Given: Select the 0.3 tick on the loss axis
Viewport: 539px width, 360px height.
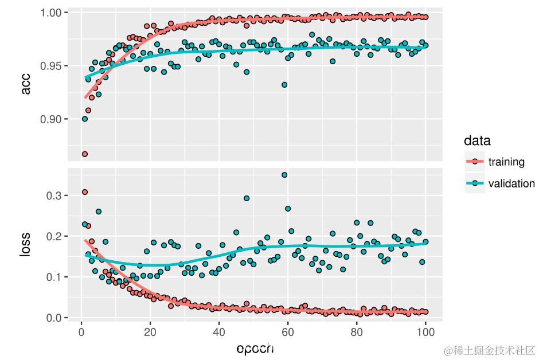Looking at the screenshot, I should pos(54,195).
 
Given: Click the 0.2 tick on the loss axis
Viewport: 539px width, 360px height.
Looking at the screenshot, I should pos(54,236).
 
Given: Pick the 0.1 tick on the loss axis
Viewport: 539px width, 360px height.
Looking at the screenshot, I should pos(54,277).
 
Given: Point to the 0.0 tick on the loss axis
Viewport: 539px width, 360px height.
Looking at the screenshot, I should pos(54,318).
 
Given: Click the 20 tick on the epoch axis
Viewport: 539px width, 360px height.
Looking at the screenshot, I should pos(150,332).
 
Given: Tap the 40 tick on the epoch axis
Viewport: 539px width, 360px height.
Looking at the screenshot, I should pos(218,332).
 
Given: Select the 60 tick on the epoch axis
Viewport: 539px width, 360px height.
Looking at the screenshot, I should pos(287,332).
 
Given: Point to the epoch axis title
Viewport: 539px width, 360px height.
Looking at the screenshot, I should pos(255,348).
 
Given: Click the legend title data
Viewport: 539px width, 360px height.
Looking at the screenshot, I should pos(476,140).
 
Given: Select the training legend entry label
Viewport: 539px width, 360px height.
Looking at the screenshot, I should pos(506,162).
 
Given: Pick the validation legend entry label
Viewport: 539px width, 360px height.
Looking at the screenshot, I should pos(511,183).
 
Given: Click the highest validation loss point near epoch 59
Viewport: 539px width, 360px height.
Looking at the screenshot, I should pos(284,175).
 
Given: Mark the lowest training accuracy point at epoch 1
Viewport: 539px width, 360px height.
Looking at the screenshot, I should pos(85,154).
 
